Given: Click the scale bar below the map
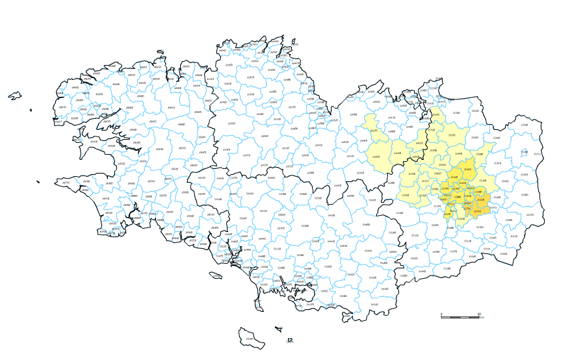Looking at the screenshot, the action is pos(460,316).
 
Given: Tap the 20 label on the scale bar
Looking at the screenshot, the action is pos(480,313).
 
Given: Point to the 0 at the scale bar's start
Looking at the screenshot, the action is pos(441,313).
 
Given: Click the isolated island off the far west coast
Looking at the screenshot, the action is pos(14,96).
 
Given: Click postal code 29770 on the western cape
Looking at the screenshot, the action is pos(66,183).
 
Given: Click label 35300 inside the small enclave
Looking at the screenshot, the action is pos(525,153).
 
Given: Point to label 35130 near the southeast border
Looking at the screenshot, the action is pos(513,235).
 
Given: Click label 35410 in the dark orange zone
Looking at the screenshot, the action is pos(480,200).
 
